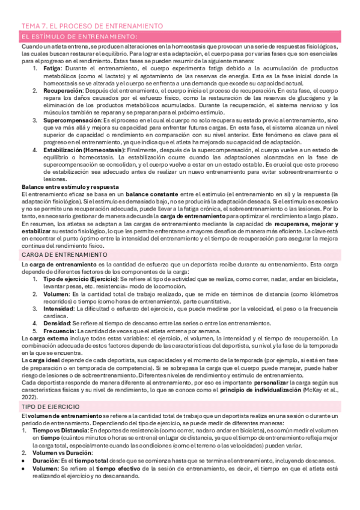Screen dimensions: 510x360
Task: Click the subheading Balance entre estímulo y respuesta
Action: [x=70, y=187]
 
